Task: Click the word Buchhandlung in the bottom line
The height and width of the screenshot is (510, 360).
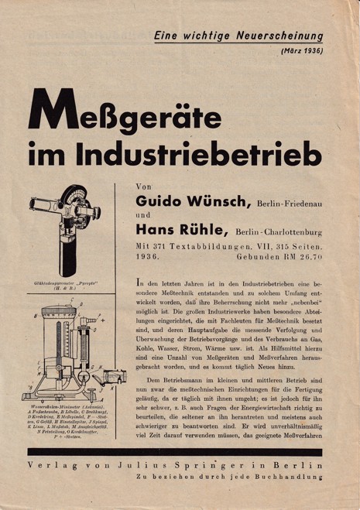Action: coord(297,480)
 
